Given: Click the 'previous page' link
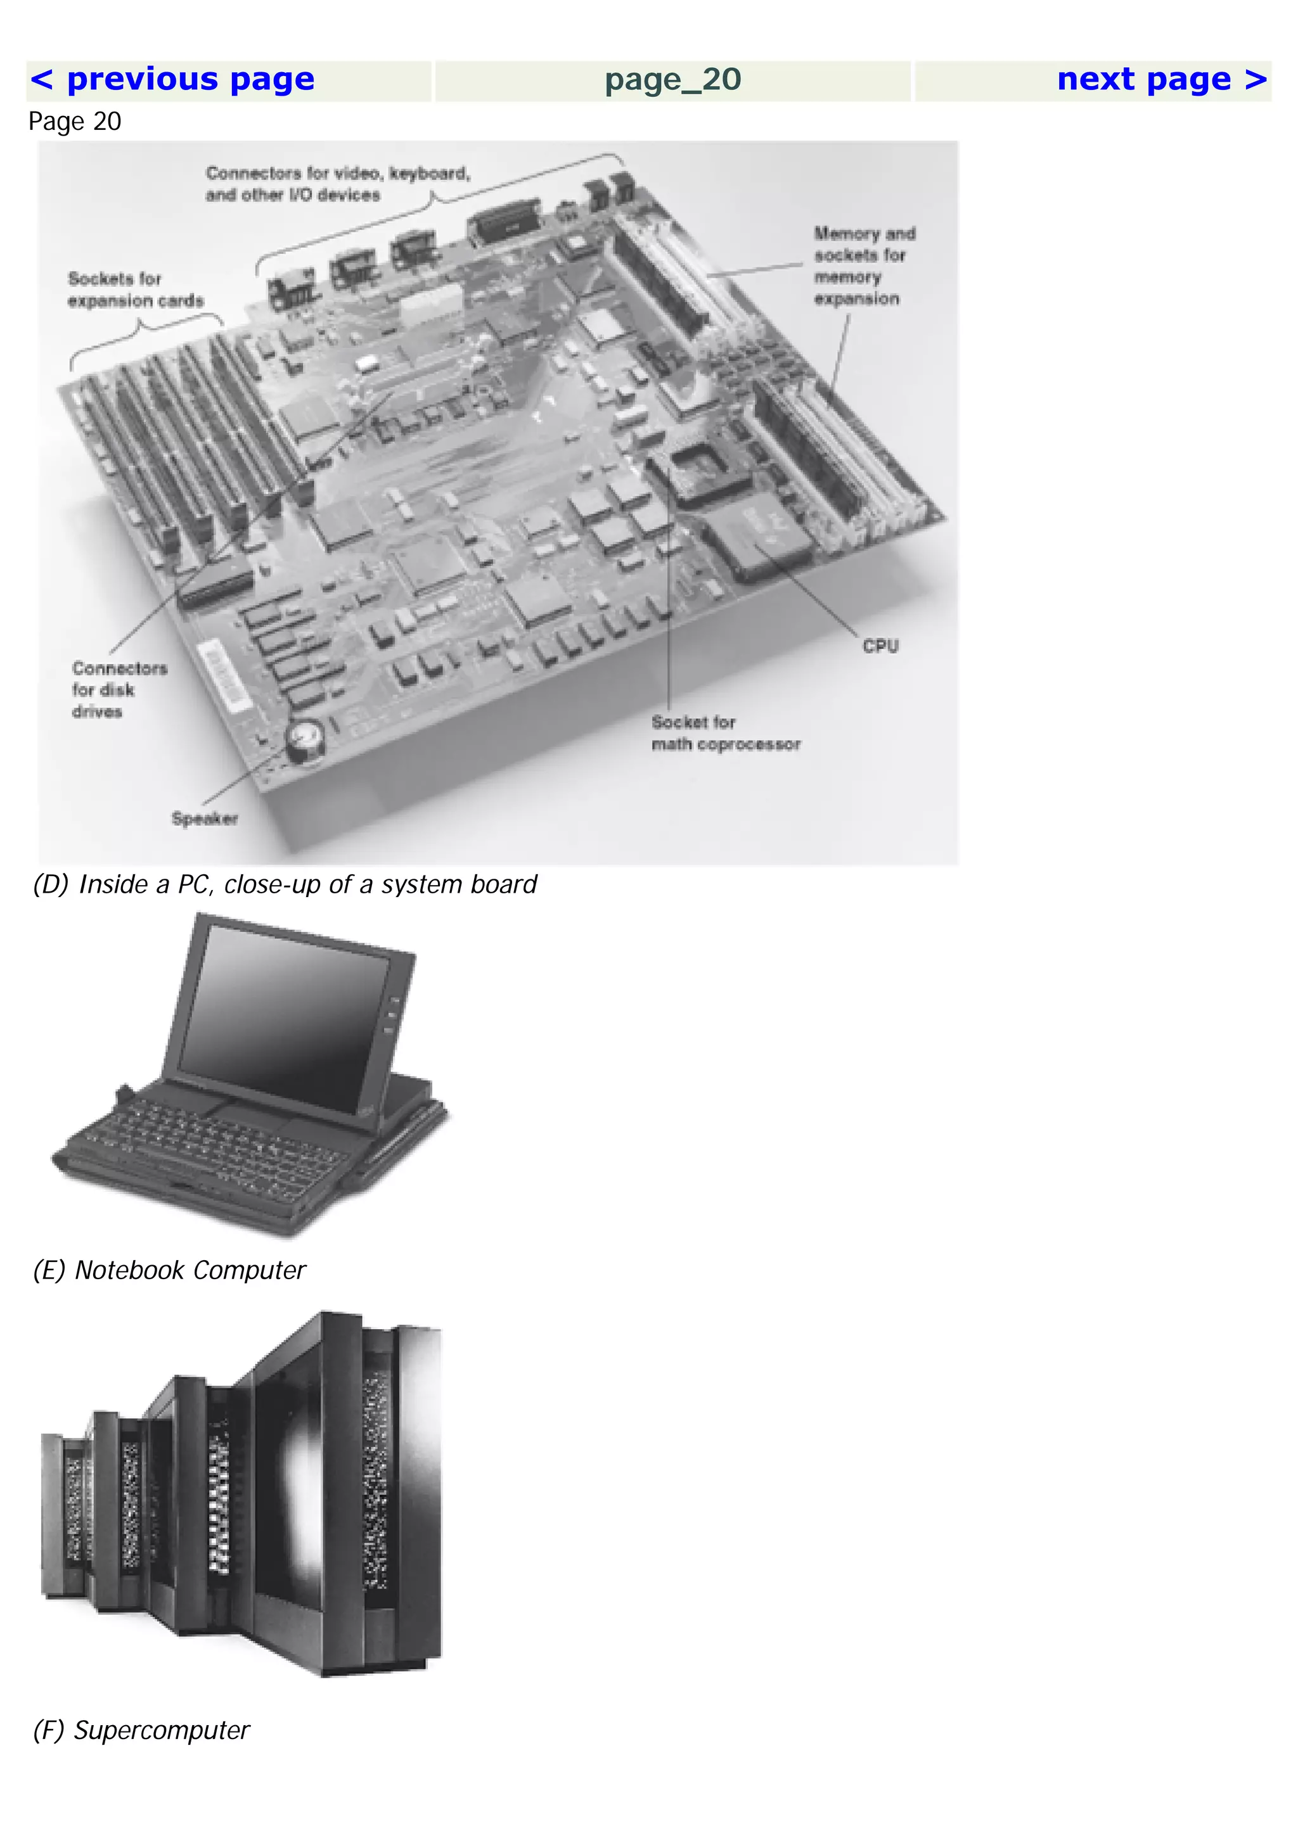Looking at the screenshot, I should pyautogui.click(x=172, y=80).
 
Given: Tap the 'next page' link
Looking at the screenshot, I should pyautogui.click(x=1161, y=80).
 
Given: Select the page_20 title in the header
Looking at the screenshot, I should pyautogui.click(x=672, y=80).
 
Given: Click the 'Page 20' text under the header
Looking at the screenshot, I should pyautogui.click(x=74, y=122).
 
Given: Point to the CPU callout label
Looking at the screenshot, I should pyautogui.click(x=880, y=646).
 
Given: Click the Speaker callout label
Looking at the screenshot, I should pyautogui.click(x=205, y=819).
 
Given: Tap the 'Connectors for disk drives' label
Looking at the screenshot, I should pyautogui.click(x=119, y=689).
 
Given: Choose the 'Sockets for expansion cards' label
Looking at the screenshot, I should pyautogui.click(x=135, y=290).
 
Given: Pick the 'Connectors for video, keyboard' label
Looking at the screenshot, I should pyautogui.click(x=338, y=184).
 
